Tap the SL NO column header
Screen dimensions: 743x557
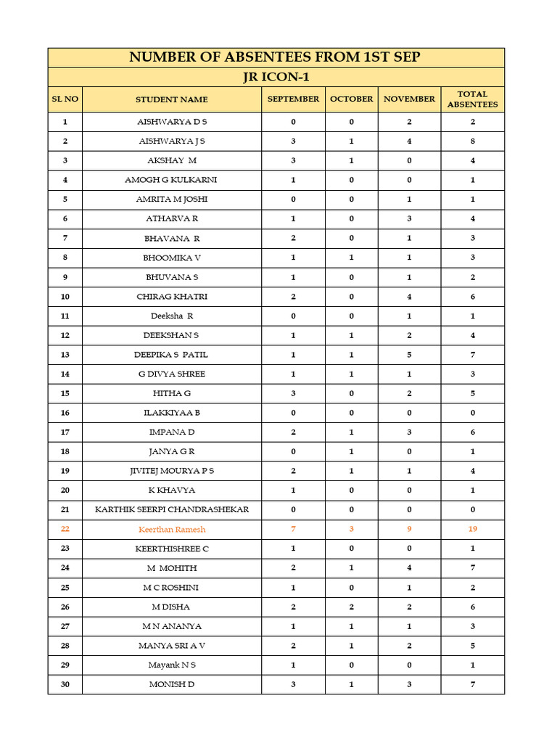point(65,99)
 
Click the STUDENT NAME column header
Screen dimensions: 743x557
point(172,99)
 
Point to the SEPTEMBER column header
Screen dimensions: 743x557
point(293,99)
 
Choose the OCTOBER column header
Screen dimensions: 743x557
point(352,99)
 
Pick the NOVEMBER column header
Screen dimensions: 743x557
point(409,99)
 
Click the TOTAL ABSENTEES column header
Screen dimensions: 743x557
point(472,99)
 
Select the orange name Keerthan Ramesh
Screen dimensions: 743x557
point(172,529)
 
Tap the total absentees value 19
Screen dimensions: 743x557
point(472,529)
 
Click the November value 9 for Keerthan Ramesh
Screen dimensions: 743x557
point(409,529)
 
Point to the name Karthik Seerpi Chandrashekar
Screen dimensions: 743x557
point(172,509)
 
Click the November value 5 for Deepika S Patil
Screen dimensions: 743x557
point(409,354)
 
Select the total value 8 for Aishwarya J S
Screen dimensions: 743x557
point(472,141)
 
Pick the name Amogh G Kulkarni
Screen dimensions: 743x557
point(172,179)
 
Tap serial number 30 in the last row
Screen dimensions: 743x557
point(65,684)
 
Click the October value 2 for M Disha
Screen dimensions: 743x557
point(352,607)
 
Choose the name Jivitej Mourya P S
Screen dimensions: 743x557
point(172,471)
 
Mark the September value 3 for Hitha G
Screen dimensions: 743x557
point(293,393)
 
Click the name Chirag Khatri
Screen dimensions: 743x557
point(172,296)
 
